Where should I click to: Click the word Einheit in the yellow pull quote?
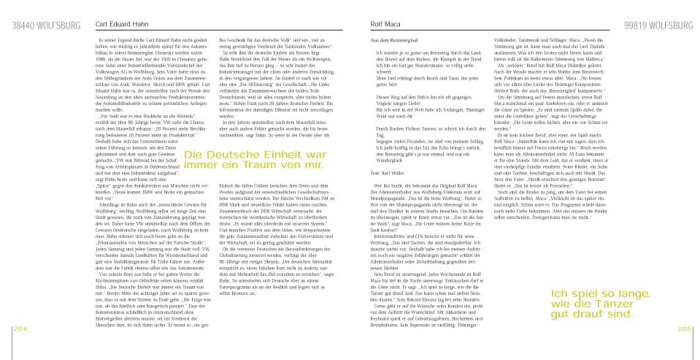[x=264, y=156]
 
